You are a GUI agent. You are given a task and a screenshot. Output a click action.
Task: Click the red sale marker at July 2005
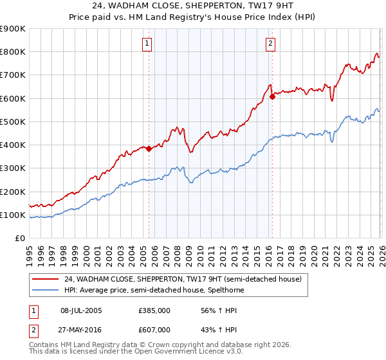[149, 148]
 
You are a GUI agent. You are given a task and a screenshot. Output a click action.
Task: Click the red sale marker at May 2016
[272, 97]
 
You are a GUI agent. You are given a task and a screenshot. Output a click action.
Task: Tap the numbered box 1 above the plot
[148, 44]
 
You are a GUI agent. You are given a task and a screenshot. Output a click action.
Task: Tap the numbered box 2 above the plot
[270, 44]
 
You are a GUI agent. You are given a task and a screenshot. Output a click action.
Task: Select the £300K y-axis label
[13, 168]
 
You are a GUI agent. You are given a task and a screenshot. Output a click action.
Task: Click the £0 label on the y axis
[19, 239]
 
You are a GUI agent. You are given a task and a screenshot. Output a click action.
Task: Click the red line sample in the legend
[46, 279]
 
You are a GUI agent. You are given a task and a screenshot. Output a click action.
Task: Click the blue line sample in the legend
[46, 290]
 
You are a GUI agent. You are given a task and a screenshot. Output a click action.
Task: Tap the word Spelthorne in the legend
[223, 290]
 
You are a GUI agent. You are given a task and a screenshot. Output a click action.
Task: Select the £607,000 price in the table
[154, 329]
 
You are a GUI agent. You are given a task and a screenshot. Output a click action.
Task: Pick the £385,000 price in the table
[154, 310]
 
